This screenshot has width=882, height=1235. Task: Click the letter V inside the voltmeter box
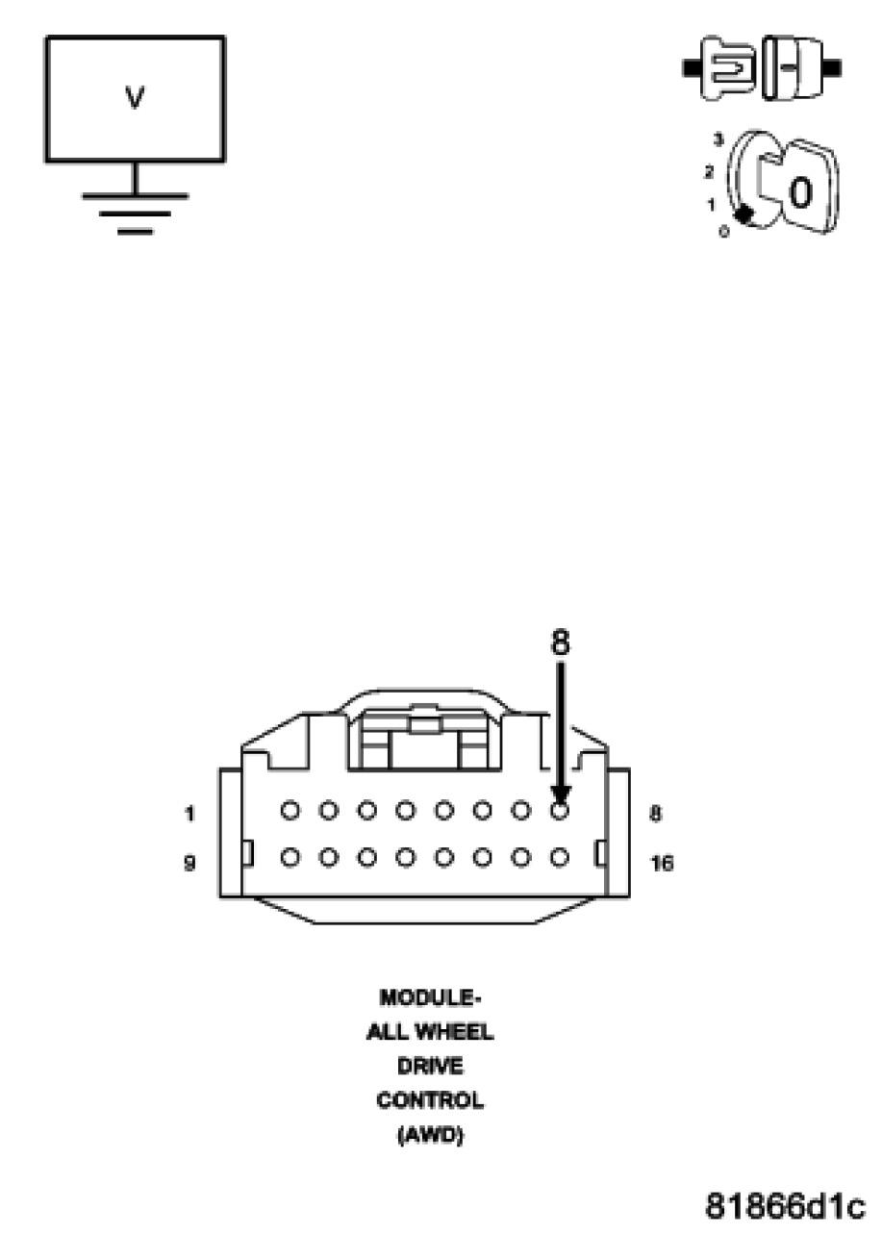[136, 99]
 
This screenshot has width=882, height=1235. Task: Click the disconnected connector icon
[762, 69]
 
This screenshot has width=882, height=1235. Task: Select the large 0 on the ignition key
[799, 193]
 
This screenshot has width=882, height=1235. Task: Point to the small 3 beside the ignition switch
[718, 140]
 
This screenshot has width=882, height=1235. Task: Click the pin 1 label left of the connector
[190, 814]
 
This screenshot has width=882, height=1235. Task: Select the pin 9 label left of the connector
[190, 863]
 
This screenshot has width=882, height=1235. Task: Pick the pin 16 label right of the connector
[662, 863]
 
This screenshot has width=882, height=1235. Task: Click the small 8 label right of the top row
[655, 814]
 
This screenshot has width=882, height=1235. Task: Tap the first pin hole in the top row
[290, 811]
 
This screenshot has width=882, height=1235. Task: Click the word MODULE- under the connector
[430, 996]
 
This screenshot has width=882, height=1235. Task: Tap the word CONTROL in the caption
[430, 1099]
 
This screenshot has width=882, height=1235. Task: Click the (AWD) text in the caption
[430, 1135]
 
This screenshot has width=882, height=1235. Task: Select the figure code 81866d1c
[786, 1204]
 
